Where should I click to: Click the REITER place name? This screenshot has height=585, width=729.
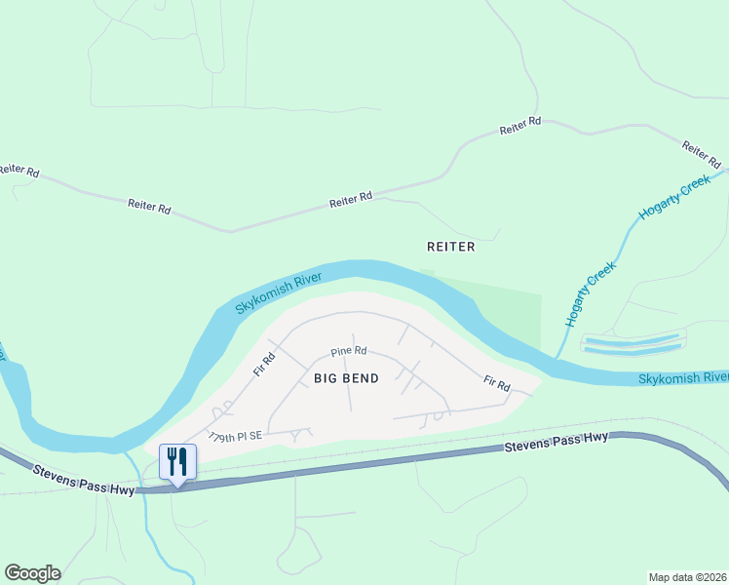pos(451,247)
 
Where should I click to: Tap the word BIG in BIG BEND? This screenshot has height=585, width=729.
pos(326,377)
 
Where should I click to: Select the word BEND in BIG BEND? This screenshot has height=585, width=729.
pos(361,377)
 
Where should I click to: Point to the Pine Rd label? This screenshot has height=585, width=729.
pos(348,351)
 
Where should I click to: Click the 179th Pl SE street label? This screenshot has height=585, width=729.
pos(236,438)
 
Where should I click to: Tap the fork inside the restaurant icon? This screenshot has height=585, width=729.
pos(173,459)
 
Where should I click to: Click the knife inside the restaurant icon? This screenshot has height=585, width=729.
pos(183,459)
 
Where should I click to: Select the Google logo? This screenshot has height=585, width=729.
pos(32,573)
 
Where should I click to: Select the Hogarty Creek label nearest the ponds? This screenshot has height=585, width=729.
pos(591,293)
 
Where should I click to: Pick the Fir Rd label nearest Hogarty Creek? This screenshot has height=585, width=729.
pos(497,384)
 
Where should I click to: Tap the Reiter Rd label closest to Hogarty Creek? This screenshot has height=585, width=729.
pos(702,153)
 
